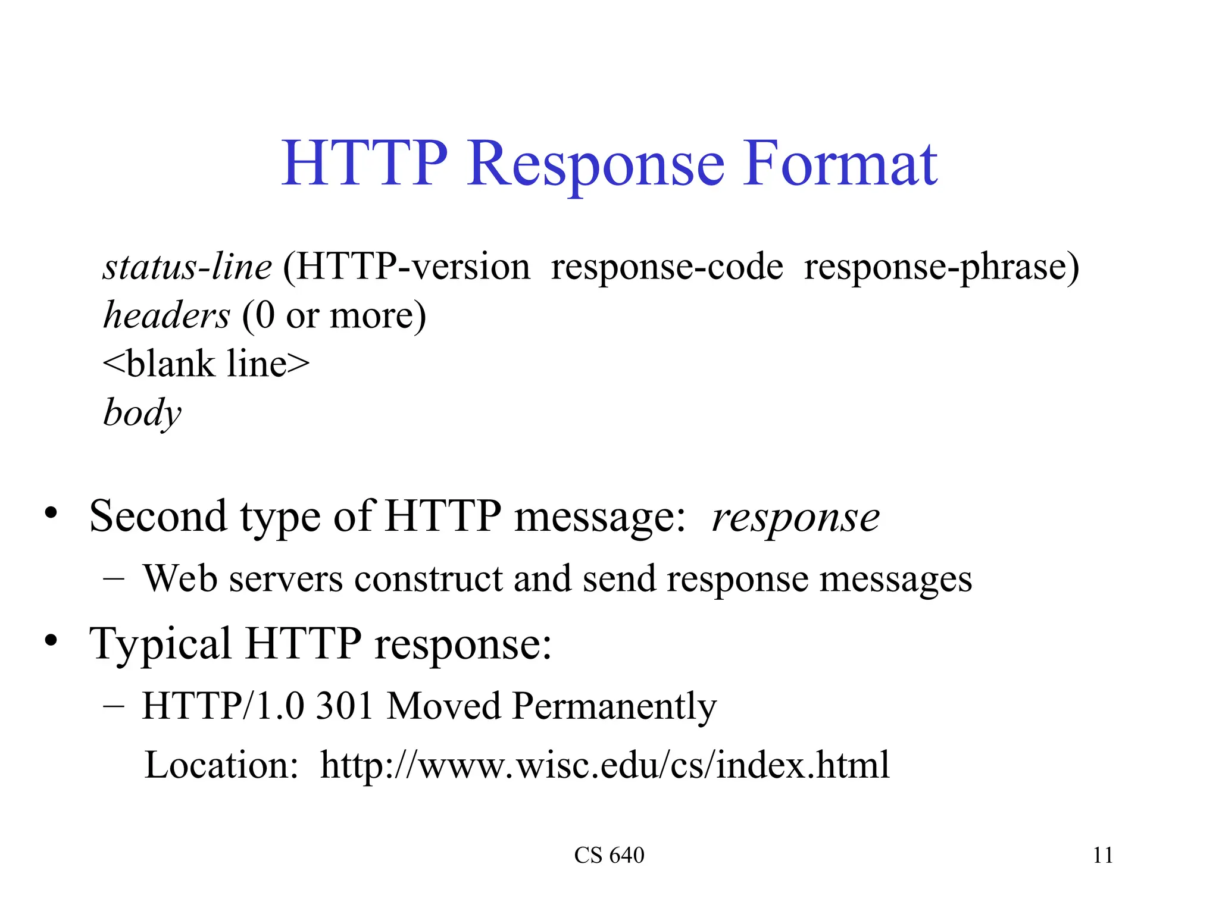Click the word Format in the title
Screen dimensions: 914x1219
coord(840,163)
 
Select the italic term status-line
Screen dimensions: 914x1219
coord(187,267)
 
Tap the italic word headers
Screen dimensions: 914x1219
coord(167,315)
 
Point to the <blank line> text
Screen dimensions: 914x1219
coord(206,364)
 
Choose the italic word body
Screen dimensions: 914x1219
coord(142,413)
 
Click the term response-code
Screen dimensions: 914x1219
coord(667,268)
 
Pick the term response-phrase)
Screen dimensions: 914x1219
coord(941,268)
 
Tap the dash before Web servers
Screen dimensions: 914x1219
coord(113,578)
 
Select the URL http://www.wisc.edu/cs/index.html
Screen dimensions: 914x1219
coord(605,765)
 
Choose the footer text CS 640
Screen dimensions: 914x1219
coord(609,856)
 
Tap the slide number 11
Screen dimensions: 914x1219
coord(1102,856)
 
